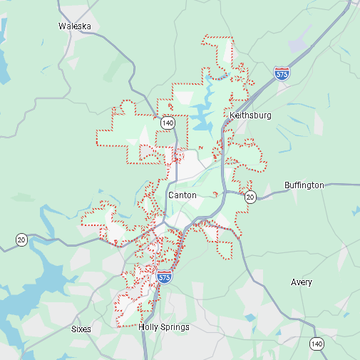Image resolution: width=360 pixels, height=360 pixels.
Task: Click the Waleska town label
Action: click(74, 26)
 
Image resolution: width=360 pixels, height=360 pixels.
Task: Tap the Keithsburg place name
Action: click(250, 115)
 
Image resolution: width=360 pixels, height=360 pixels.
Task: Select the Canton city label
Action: click(182, 195)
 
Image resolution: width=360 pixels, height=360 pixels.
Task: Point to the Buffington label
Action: click(304, 185)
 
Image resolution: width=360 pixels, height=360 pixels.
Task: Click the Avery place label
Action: click(302, 282)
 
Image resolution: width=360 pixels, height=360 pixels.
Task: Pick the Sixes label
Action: click(81, 329)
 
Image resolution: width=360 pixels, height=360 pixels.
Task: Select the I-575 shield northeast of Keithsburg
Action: click(281, 73)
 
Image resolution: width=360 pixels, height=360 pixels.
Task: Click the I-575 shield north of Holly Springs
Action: click(165, 277)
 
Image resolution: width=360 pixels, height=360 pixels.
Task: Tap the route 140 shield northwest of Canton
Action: click(168, 123)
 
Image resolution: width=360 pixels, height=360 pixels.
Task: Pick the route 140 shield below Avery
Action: click(317, 344)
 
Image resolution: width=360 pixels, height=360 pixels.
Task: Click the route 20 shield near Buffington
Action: click(250, 196)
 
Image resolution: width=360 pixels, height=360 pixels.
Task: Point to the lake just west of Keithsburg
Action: click(203, 114)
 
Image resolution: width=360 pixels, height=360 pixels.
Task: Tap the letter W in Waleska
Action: click(62, 26)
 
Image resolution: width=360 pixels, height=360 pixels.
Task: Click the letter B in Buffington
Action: click(287, 185)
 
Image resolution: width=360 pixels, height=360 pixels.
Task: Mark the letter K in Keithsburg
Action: click(232, 115)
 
